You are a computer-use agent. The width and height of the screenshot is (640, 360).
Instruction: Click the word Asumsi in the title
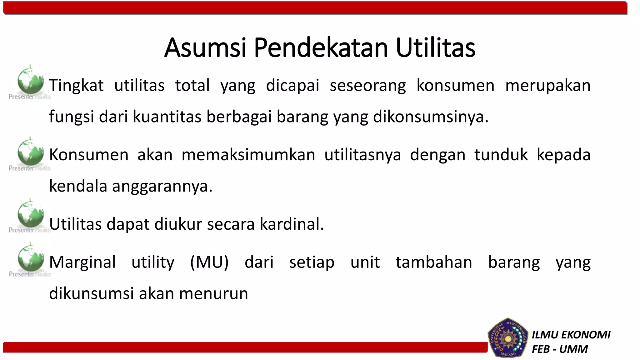(x=205, y=48)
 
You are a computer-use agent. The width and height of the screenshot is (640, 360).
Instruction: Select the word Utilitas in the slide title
(x=435, y=48)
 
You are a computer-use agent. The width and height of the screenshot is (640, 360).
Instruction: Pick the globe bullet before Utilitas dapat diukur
(x=30, y=214)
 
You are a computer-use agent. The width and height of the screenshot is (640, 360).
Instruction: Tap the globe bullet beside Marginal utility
(x=30, y=258)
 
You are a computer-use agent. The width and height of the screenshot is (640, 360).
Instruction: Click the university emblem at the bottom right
(x=507, y=338)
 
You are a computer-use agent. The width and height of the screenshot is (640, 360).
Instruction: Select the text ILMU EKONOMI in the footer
(x=571, y=335)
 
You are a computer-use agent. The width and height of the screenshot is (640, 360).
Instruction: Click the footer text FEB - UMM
(x=560, y=349)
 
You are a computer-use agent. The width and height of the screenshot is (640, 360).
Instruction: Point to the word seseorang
(x=368, y=86)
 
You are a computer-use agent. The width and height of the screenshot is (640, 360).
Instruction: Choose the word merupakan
(x=548, y=86)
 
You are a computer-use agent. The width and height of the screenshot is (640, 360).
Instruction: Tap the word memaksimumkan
(x=248, y=155)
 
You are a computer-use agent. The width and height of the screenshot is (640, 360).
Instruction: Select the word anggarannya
(x=162, y=186)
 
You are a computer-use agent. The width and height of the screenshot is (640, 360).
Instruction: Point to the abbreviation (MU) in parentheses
(x=209, y=262)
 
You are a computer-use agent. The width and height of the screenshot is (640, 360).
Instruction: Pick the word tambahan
(x=434, y=262)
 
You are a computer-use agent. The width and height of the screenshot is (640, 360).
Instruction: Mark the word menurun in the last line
(x=213, y=293)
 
